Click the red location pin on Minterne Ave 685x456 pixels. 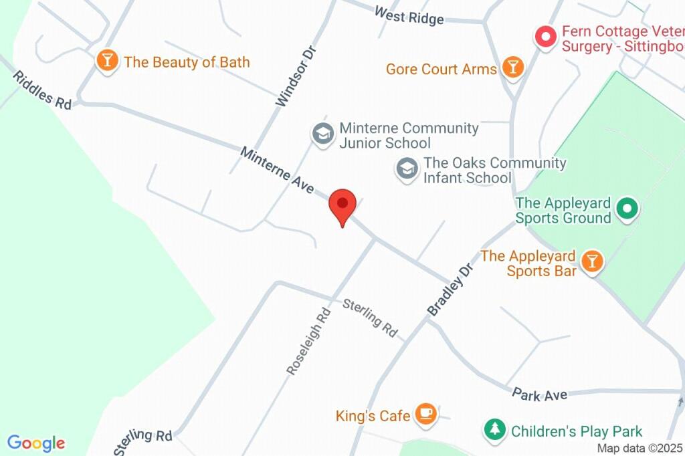[342, 205]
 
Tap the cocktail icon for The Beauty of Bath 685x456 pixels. [106, 61]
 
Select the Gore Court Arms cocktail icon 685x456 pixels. [512, 67]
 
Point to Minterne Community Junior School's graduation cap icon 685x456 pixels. [323, 133]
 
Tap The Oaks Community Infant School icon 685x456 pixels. [407, 168]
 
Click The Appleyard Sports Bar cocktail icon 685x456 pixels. [591, 261]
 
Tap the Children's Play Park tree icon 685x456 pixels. [494, 430]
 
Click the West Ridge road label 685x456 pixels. [409, 15]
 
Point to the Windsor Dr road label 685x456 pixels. [294, 76]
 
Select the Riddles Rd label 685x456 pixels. [41, 90]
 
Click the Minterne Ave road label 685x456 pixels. [277, 170]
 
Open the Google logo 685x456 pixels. [36, 443]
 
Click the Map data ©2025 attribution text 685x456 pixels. [640, 449]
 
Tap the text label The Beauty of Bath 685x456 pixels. [187, 62]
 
